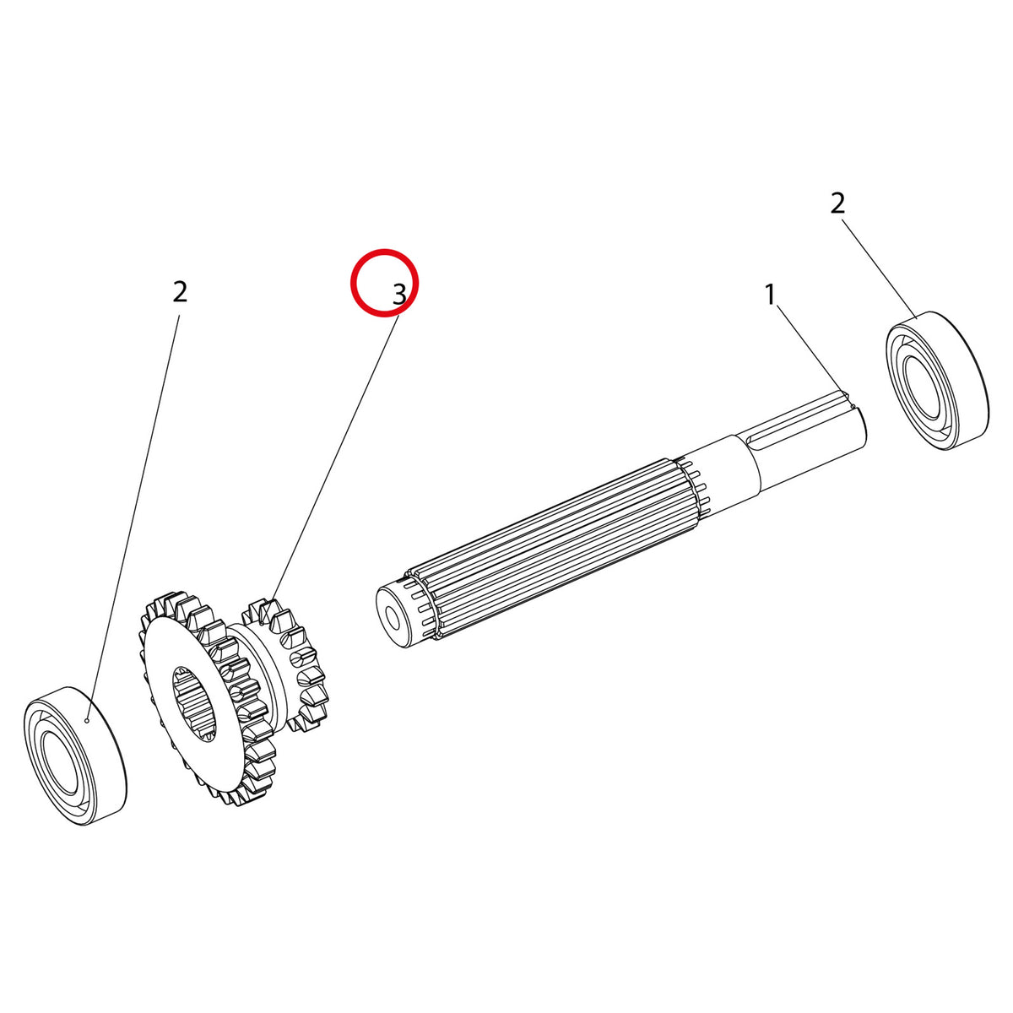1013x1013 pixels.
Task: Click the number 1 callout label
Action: coord(770,295)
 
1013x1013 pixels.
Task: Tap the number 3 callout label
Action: coord(399,295)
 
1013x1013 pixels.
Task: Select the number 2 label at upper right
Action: coord(837,203)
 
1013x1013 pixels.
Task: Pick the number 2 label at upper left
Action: coord(180,291)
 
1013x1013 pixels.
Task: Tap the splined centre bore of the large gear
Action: coord(194,705)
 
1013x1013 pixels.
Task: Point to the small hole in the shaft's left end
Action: coord(392,615)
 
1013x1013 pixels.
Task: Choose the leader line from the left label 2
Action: coord(133,518)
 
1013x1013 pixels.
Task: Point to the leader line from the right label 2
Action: coord(880,269)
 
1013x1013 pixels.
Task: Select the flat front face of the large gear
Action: coord(194,704)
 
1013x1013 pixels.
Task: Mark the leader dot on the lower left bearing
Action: coord(87,721)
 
